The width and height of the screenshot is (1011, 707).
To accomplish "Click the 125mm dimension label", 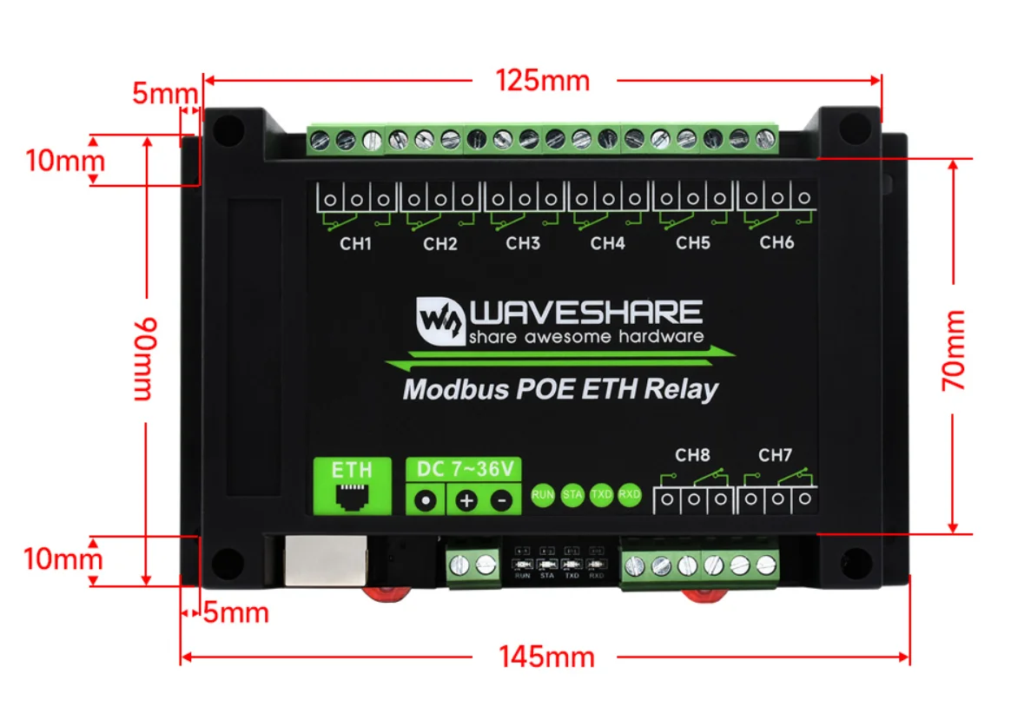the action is (x=543, y=81).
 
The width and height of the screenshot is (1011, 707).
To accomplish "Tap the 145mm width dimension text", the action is (x=546, y=657).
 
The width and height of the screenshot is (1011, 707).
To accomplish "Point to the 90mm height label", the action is (x=144, y=359).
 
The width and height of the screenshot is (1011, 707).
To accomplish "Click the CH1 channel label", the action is (x=355, y=244).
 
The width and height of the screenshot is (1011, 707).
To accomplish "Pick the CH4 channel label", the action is (x=607, y=244).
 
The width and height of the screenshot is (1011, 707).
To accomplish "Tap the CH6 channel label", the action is (x=776, y=242).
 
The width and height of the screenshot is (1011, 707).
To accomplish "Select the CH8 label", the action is (x=692, y=454).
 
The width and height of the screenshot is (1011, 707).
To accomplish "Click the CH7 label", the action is (x=776, y=454).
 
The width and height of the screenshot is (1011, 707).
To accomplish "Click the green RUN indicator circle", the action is (x=543, y=495).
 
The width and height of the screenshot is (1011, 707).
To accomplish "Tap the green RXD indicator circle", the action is (x=630, y=495).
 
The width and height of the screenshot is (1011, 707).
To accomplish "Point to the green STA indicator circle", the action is (x=572, y=495).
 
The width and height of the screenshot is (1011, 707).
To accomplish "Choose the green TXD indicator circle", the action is (x=601, y=495).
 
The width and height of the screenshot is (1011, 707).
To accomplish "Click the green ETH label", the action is (x=353, y=470).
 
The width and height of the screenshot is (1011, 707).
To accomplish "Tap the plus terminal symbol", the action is (x=466, y=501).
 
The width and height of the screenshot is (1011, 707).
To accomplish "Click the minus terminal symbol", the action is (x=501, y=501).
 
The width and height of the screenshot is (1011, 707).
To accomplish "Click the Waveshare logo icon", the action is (x=439, y=321).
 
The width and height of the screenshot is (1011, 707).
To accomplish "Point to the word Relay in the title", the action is (x=682, y=388).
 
